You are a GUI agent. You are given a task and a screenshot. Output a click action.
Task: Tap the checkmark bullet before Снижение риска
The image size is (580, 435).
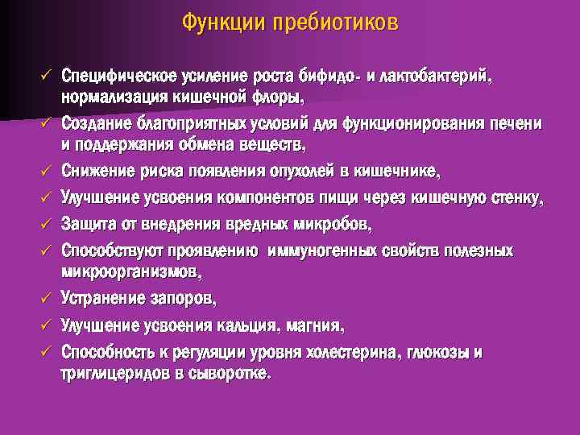click(x=47, y=170)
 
